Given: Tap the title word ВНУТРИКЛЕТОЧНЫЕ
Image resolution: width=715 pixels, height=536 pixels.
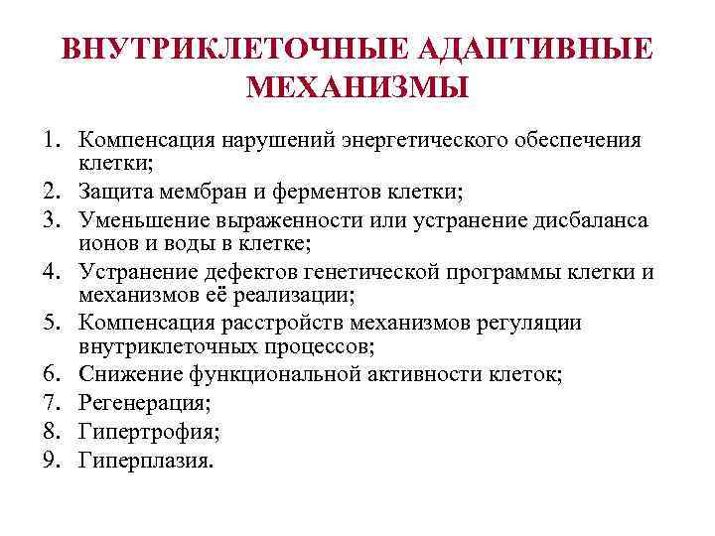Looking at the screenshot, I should [234, 49].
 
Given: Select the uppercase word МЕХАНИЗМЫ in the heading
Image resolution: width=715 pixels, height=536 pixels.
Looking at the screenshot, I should [357, 88].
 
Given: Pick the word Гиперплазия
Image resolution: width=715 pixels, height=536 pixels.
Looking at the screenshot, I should [146, 461].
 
